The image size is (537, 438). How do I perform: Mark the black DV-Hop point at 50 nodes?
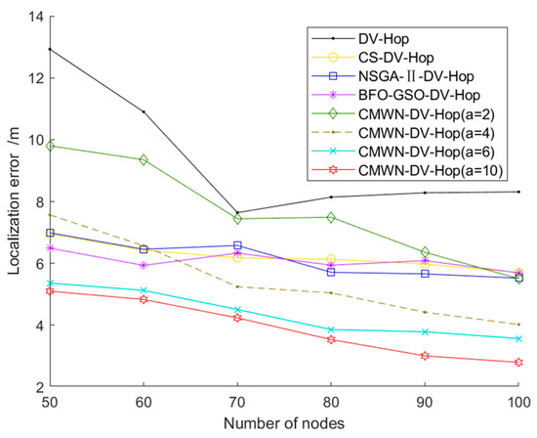click(48, 49)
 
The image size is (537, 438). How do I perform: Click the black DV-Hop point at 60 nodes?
click(144, 111)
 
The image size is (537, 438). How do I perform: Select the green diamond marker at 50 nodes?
click(48, 146)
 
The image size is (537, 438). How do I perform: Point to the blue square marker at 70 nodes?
click(237, 245)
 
